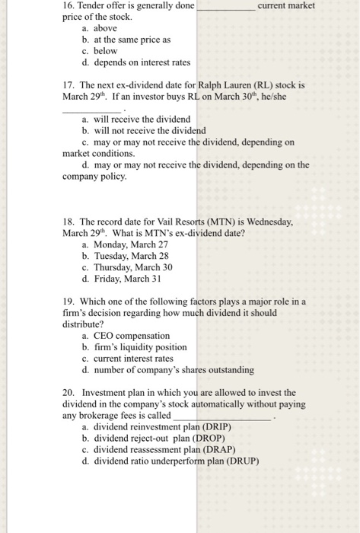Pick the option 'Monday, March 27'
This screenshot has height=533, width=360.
coord(126,244)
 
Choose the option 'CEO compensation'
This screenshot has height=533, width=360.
coord(131,336)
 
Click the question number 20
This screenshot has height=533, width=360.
coord(68,393)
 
